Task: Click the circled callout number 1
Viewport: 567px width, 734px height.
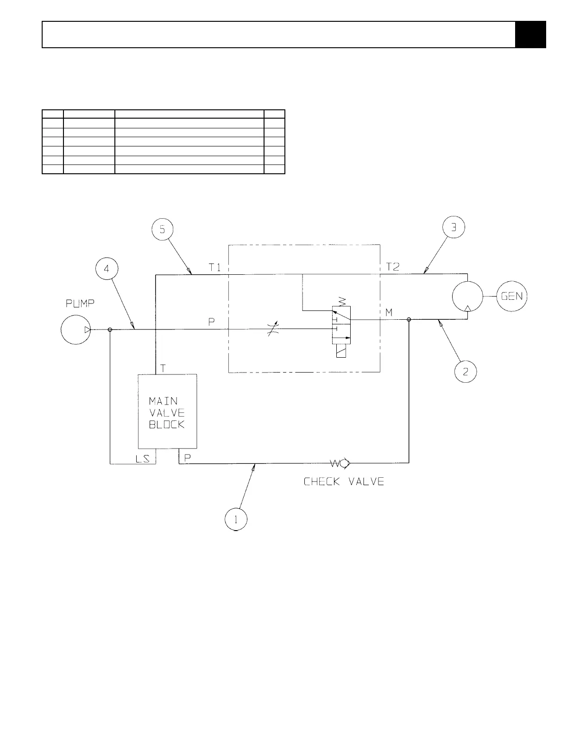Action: [x=236, y=519]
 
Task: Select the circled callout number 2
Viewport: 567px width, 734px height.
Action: [x=465, y=371]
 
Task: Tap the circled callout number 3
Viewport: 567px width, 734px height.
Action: [x=454, y=227]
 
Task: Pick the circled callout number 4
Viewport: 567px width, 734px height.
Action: [x=107, y=269]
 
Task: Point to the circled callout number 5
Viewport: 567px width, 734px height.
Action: [x=163, y=229]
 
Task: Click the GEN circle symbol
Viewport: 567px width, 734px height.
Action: [x=511, y=296]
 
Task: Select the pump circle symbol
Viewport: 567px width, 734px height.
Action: [x=76, y=329]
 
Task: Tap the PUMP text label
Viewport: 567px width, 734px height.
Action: [x=81, y=304]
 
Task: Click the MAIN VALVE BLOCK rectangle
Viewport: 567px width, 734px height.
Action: [x=167, y=411]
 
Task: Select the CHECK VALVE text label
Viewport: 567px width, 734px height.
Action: [x=344, y=482]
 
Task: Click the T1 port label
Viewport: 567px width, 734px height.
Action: [x=214, y=267]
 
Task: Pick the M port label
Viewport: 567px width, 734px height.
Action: [x=389, y=313]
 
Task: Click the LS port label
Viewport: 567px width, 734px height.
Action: [x=142, y=459]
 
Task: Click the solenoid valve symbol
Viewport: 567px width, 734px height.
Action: [x=341, y=331]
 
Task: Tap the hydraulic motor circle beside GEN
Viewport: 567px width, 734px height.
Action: [x=467, y=297]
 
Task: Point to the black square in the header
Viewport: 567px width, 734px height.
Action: [x=530, y=35]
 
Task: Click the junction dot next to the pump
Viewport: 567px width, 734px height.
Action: [x=110, y=329]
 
